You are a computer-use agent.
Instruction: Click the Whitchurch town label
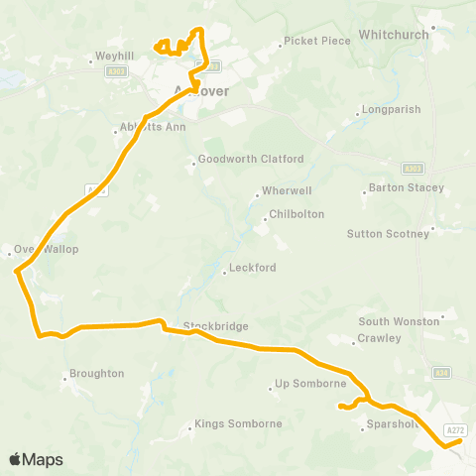pyautogui.click(x=396, y=35)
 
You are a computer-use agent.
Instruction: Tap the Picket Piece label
pyautogui.click(x=317, y=42)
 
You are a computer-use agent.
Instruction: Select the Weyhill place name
pyautogui.click(x=115, y=58)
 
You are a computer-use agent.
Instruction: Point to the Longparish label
pyautogui.click(x=392, y=109)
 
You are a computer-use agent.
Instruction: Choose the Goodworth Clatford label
pyautogui.click(x=251, y=159)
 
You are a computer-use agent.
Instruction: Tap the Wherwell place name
pyautogui.click(x=282, y=192)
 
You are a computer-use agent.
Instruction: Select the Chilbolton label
pyautogui.click(x=296, y=214)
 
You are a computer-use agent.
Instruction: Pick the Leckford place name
pyautogui.click(x=252, y=268)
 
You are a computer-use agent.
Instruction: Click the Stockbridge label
pyautogui.click(x=215, y=325)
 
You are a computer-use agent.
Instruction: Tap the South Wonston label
pyautogui.click(x=399, y=321)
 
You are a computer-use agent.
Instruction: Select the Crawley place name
pyautogui.click(x=380, y=338)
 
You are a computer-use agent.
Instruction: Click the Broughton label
pyautogui.click(x=96, y=374)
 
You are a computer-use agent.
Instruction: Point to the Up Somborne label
pyautogui.click(x=309, y=384)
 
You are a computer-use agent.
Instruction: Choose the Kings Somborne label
pyautogui.click(x=238, y=424)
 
